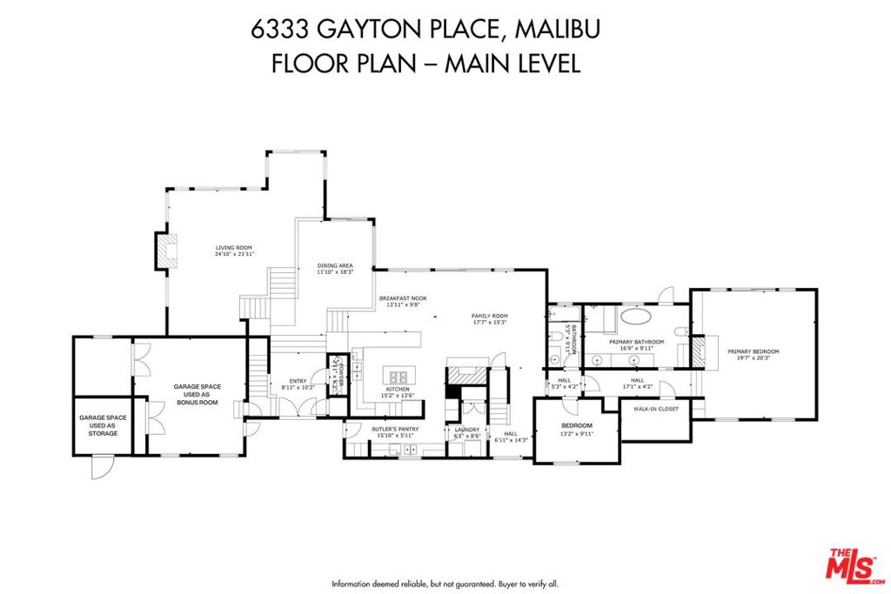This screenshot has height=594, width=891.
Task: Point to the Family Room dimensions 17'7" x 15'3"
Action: tap(489, 323)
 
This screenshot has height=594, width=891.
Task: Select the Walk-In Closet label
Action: tap(655, 408)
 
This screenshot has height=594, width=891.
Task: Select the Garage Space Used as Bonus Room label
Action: tap(197, 396)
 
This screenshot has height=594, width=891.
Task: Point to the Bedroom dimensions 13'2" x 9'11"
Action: tap(576, 433)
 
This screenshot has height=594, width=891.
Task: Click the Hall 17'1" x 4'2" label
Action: tap(637, 384)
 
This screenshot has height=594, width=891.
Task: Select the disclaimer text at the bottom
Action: tap(445, 584)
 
